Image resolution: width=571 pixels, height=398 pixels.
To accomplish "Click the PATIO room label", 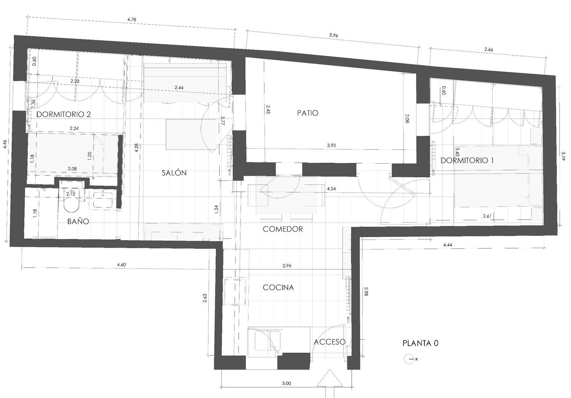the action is pyautogui.click(x=308, y=113).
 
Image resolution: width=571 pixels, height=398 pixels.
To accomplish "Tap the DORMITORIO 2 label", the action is pyautogui.click(x=64, y=114).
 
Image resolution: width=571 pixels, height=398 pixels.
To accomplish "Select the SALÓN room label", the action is pyautogui.click(x=174, y=173).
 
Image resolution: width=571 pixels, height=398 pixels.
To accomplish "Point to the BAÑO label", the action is pyautogui.click(x=78, y=221).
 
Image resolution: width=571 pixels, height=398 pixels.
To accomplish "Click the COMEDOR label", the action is pyautogui.click(x=283, y=229).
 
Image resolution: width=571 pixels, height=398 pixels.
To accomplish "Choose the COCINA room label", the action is pyautogui.click(x=278, y=287).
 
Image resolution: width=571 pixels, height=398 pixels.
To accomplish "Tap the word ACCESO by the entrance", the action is pyautogui.click(x=330, y=342).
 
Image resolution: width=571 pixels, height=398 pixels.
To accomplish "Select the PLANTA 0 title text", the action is pyautogui.click(x=421, y=343).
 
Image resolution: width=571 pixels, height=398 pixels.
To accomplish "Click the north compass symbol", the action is pyautogui.click(x=409, y=359).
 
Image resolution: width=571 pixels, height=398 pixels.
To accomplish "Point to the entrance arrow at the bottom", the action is pyautogui.click(x=330, y=382).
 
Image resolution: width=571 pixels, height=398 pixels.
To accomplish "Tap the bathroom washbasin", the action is pyautogui.click(x=103, y=199).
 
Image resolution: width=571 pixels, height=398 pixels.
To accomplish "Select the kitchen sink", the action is pyautogui.click(x=268, y=341).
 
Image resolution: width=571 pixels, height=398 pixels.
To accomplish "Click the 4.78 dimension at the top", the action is pyautogui.click(x=132, y=19).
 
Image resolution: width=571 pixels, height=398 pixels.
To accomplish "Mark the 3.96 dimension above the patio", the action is pyautogui.click(x=333, y=35).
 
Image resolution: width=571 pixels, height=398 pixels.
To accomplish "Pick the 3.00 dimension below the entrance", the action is pyautogui.click(x=287, y=383).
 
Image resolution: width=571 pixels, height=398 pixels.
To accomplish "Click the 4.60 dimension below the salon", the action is pyautogui.click(x=121, y=265).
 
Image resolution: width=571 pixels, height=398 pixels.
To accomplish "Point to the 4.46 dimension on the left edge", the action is pyautogui.click(x=5, y=145).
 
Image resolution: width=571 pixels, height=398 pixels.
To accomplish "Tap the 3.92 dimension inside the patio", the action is pyautogui.click(x=332, y=145).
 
